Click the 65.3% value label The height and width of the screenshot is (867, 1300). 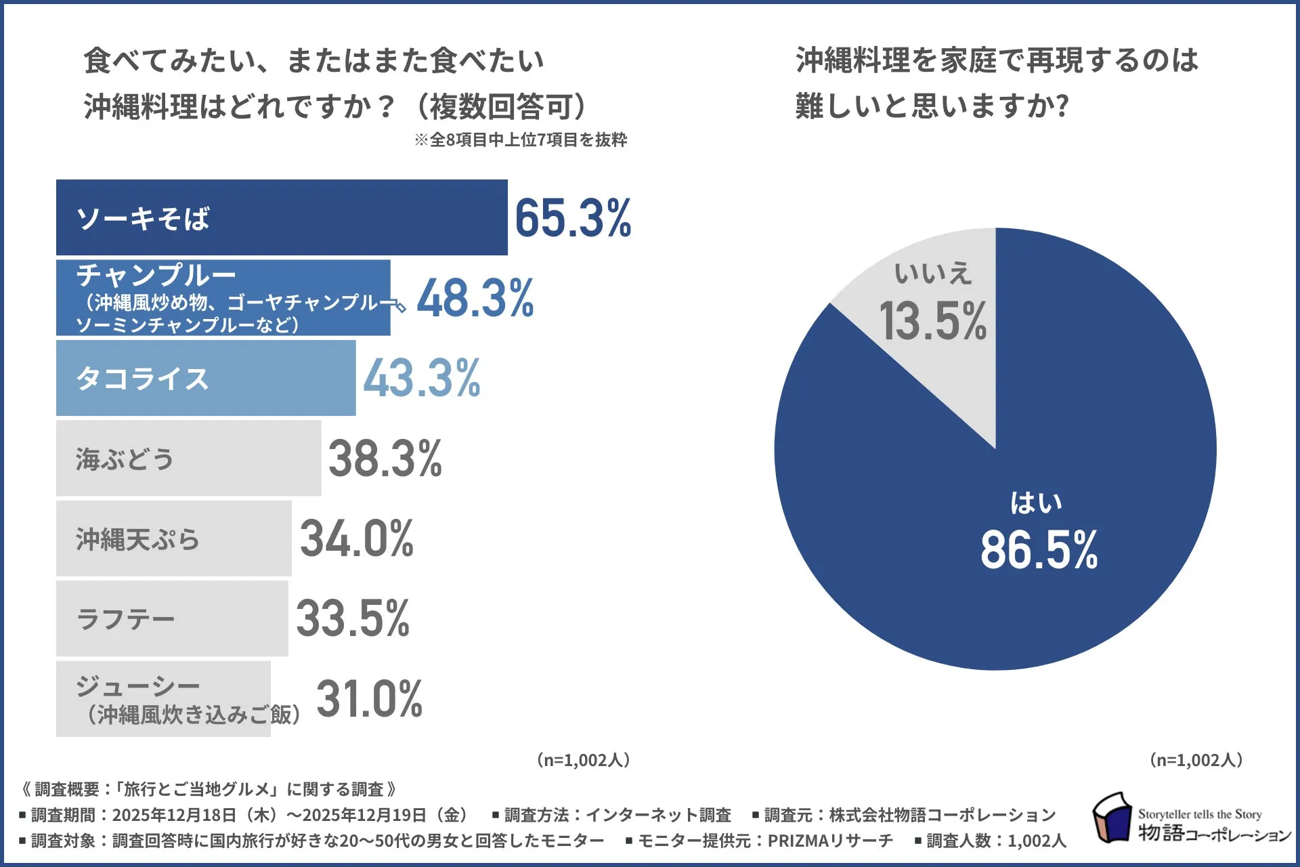[573, 218]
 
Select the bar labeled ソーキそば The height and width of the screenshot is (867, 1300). [281, 217]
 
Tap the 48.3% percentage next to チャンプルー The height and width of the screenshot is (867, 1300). [475, 298]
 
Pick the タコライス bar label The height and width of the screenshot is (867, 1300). [142, 378]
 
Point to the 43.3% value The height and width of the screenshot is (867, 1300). [422, 378]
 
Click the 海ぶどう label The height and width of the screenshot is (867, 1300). [125, 459]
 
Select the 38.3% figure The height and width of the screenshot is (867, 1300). [385, 459]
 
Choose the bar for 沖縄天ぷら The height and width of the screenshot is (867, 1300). [173, 538]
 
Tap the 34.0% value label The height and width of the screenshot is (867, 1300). [356, 538]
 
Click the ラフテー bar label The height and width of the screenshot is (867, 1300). [126, 618]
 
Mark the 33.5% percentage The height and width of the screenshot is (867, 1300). [353, 618]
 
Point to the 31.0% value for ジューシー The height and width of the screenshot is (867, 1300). [369, 698]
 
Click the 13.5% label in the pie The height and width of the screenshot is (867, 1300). [932, 321]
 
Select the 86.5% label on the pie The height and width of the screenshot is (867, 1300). [1039, 549]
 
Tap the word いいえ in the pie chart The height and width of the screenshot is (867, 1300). [932, 274]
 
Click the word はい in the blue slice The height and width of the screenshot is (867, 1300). [1036, 503]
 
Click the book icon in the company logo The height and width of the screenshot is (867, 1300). [1111, 818]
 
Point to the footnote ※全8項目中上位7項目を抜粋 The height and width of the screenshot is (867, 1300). [520, 140]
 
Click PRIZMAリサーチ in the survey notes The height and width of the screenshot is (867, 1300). [830, 841]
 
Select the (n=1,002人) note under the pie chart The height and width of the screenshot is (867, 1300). [1196, 760]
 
